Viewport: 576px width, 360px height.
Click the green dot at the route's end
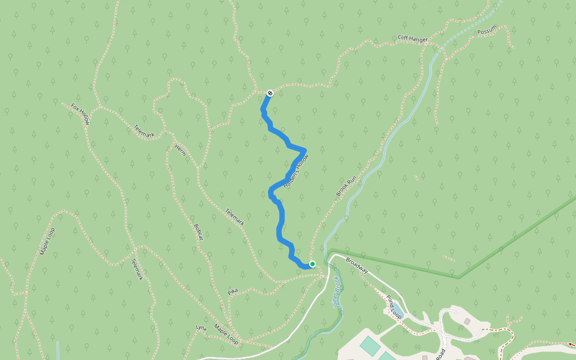click(x=312, y=264)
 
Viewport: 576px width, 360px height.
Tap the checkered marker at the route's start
click(x=270, y=93)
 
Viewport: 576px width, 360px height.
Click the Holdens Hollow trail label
click(x=295, y=173)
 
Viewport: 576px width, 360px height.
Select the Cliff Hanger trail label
click(x=413, y=39)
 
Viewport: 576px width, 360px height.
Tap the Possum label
click(x=487, y=31)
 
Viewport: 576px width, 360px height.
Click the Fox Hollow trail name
click(x=80, y=113)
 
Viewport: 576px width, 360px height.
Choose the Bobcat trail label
click(x=199, y=232)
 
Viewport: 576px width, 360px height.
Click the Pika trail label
click(x=233, y=292)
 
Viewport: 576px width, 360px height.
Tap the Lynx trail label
click(x=201, y=328)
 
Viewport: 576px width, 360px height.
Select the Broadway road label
click(x=356, y=266)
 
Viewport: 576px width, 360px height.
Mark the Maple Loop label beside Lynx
click(x=226, y=336)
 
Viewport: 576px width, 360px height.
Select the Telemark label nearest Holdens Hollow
click(x=235, y=217)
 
